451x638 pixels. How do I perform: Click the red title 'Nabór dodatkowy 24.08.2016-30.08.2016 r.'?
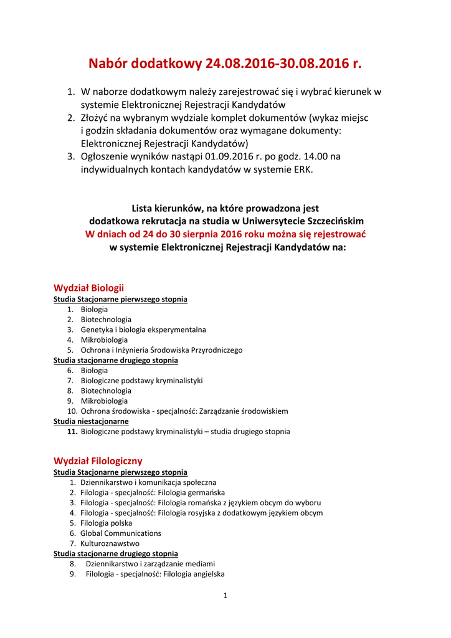225,64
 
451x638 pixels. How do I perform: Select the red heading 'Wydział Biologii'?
88,288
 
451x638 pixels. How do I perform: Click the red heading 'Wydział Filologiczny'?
98,461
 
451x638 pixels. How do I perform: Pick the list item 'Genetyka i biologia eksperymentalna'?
143,330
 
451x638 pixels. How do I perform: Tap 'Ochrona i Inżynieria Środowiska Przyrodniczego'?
161,350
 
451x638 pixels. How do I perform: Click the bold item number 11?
72,431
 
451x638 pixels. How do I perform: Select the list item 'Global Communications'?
121,533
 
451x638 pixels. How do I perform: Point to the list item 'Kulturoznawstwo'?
110,543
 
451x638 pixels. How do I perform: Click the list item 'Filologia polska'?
107,523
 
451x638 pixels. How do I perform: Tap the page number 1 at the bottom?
225,596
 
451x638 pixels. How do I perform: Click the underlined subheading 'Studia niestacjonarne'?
91,421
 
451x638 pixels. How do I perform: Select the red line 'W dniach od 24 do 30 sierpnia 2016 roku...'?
225,234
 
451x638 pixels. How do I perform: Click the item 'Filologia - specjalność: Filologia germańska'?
153,493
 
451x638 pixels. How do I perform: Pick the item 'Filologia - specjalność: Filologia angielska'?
155,574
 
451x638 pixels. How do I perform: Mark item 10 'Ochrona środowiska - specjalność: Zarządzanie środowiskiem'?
184,411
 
